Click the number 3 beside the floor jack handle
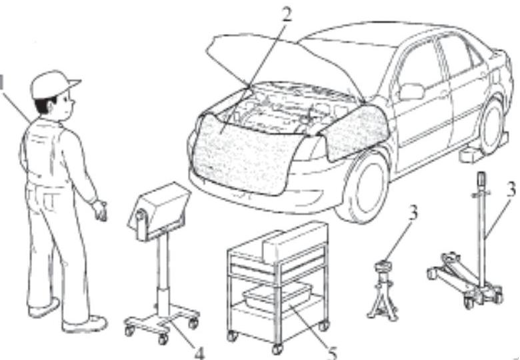(511, 188)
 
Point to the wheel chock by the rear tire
(471, 155)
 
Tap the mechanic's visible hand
(101, 209)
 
